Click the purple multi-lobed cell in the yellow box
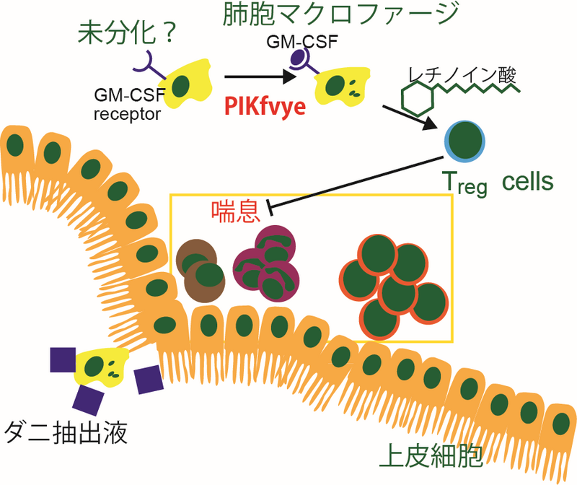click(x=266, y=264)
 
